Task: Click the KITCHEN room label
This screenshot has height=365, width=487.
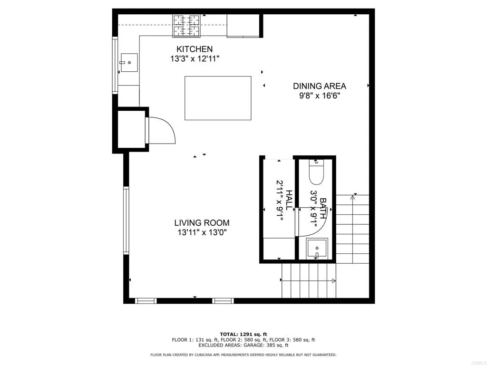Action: point(195,49)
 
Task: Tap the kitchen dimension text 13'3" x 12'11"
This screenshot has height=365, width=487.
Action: point(195,59)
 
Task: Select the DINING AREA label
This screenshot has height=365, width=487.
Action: point(319,86)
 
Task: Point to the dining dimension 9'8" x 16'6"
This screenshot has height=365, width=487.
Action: point(319,96)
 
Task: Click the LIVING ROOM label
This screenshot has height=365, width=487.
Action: point(202,222)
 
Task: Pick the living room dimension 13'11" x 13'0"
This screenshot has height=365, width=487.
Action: point(202,232)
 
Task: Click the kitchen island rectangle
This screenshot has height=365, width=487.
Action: point(218,98)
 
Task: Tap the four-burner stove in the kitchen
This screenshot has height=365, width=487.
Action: point(186,25)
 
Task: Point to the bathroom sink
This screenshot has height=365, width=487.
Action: point(317,249)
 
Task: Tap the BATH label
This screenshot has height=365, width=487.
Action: point(323,208)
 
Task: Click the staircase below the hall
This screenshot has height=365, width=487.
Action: point(309,280)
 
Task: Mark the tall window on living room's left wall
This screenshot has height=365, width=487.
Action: point(126,221)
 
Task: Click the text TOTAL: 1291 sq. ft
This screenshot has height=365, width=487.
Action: point(243,334)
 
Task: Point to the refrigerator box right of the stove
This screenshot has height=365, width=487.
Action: point(243,25)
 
